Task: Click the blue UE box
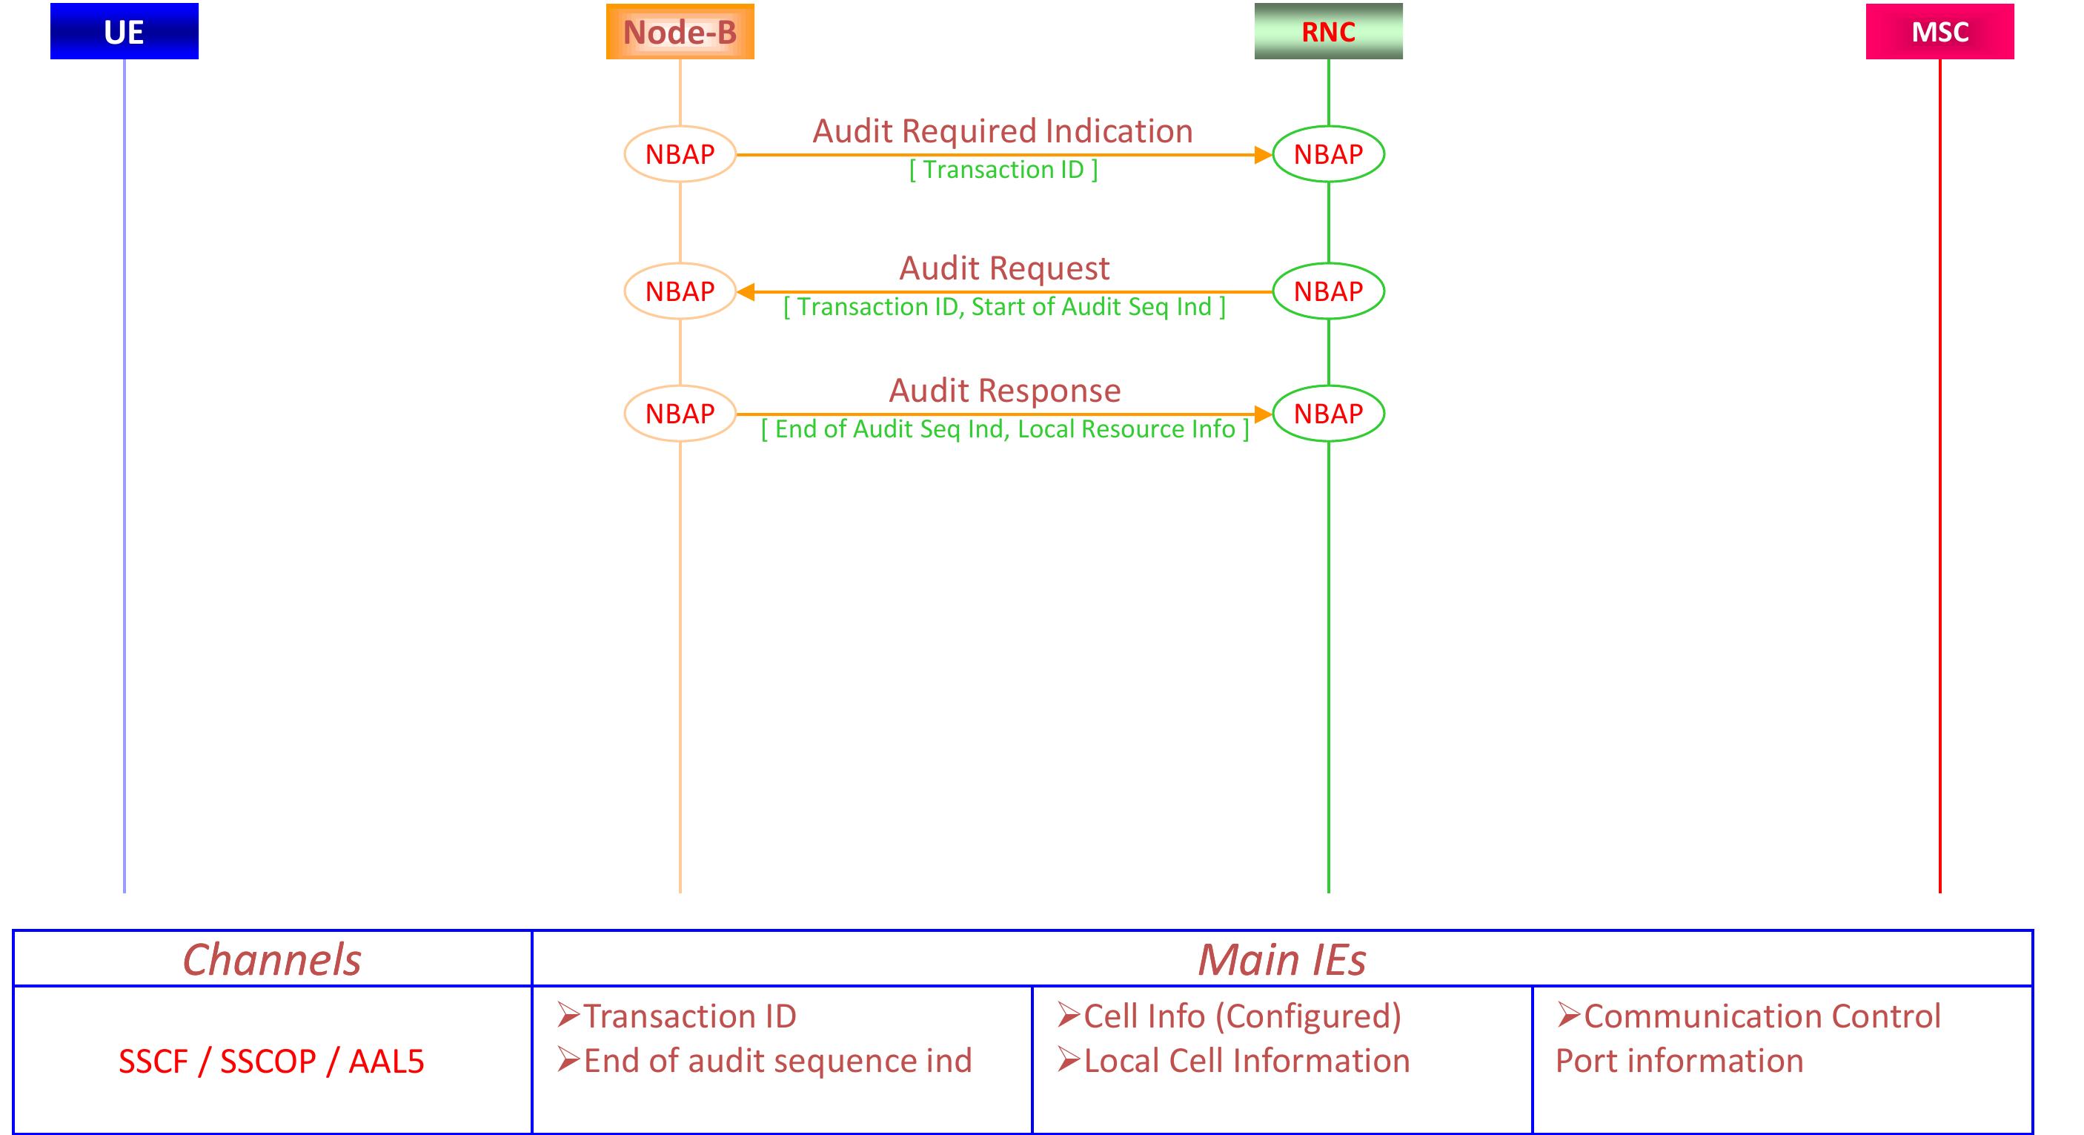pos(124,32)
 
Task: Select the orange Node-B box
pos(680,32)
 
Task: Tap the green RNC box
pos(1327,32)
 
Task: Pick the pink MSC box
pos(1939,32)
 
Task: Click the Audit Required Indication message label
pos(1003,131)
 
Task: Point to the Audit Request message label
pos(1004,268)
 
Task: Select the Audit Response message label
pos(1004,390)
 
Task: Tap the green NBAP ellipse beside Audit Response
pos(1327,414)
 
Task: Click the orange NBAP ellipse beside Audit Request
pos(680,291)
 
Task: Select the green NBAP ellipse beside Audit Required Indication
pos(1327,153)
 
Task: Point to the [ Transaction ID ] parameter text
pos(1003,170)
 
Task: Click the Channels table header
pos(272,959)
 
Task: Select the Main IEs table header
pos(1281,959)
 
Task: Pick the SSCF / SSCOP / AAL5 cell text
pos(271,1062)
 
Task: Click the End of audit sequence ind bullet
pos(777,1061)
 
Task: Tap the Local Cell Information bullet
pos(1246,1061)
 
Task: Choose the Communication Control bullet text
pos(1761,1016)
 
